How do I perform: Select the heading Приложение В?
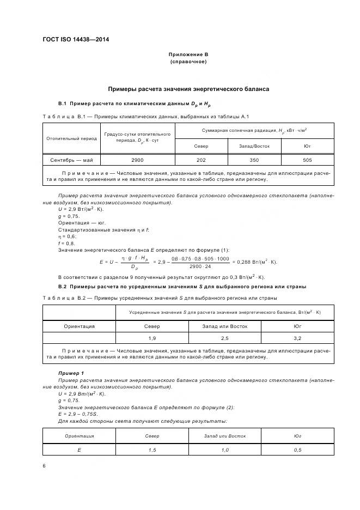pos(188,54)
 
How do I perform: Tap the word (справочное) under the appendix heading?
pos(188,62)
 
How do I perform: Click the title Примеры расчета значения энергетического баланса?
pos(188,89)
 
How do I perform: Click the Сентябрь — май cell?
pos(72,160)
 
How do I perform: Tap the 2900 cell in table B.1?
pos(138,160)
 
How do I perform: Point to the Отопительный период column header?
pos(72,138)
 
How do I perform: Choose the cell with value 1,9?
pos(152,338)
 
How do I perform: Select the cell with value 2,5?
pos(225,338)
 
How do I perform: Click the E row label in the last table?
pos(80,450)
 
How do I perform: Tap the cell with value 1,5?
pos(152,450)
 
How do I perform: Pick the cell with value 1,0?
pos(225,450)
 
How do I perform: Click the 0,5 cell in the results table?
pos(297,450)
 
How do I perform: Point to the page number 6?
pos(44,466)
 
